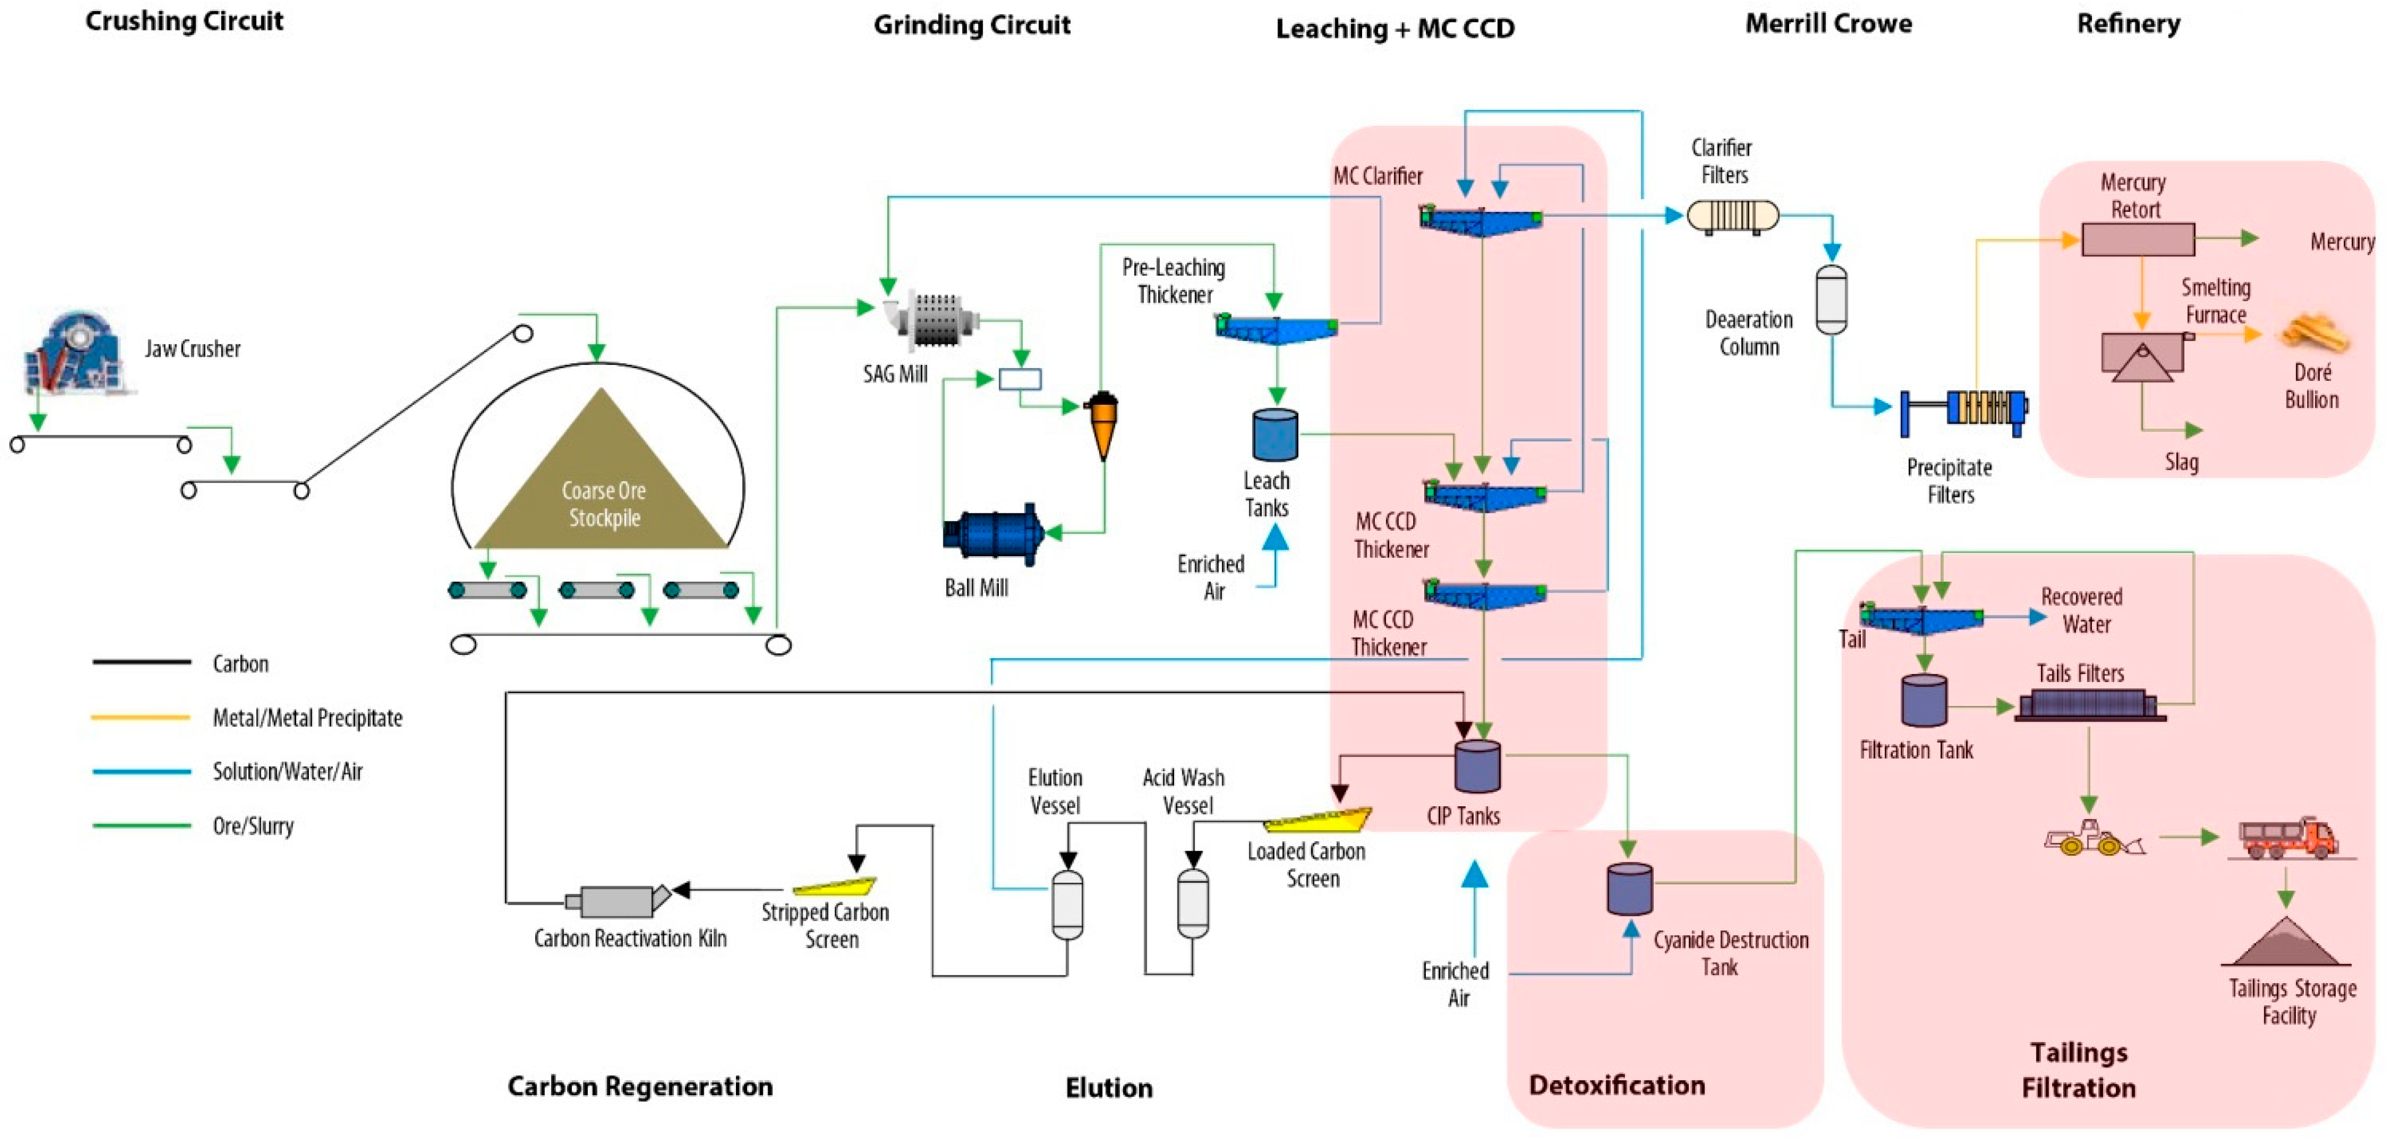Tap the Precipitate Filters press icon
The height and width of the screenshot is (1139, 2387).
(x=1964, y=410)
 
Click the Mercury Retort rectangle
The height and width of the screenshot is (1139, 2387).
(x=2138, y=239)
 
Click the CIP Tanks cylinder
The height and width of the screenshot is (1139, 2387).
(x=1477, y=766)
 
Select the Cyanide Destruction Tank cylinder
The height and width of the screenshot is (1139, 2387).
(x=1629, y=888)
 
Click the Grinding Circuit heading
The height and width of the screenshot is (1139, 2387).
(x=971, y=25)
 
